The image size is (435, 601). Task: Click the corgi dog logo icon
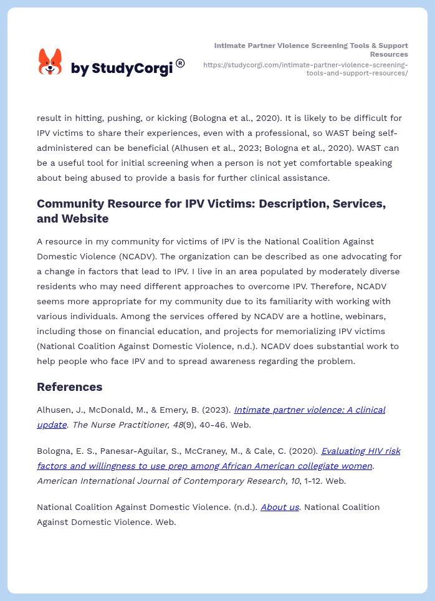click(50, 62)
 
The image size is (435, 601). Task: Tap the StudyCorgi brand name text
click(122, 69)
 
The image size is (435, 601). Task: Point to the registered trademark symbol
click(180, 63)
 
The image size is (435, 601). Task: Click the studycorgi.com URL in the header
click(305, 69)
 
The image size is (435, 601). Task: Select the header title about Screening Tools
click(311, 50)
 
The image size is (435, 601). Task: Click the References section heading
click(69, 387)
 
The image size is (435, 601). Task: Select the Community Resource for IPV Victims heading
click(211, 211)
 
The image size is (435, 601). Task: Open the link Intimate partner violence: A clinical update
click(309, 410)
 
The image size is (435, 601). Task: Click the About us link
click(279, 507)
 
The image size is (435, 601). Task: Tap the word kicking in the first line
click(169, 118)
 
